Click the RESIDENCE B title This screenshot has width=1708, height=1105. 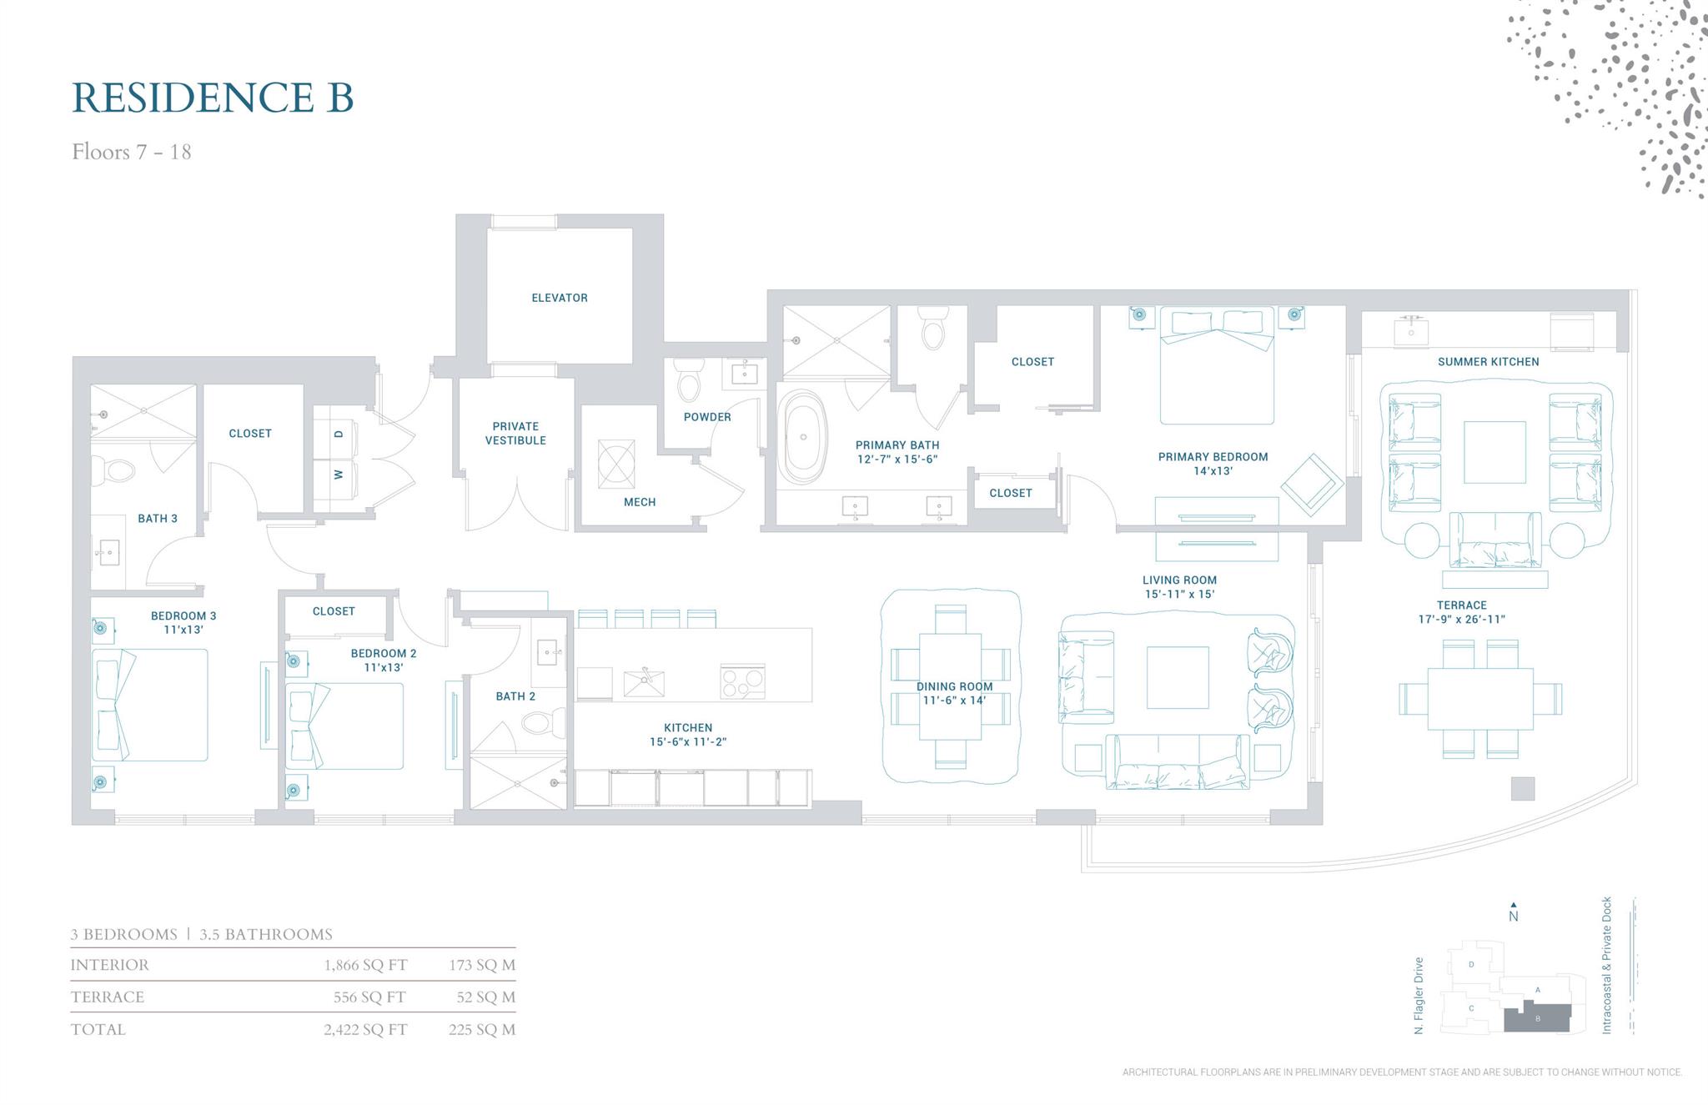coord(213,98)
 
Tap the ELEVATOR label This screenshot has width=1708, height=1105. coord(560,298)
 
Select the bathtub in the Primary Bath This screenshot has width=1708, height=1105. coord(803,437)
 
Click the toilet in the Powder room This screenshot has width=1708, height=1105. coord(689,382)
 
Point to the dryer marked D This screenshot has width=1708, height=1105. coord(338,434)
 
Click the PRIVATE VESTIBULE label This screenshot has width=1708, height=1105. coord(515,433)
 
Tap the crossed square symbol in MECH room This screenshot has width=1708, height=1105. coord(616,464)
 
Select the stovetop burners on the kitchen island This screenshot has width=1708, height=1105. coord(742,682)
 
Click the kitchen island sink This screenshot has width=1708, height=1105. coord(644,682)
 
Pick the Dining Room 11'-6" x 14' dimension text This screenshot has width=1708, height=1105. coord(954,700)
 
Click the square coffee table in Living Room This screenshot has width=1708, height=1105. coord(1177,677)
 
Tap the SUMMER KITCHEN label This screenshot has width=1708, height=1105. coord(1488,362)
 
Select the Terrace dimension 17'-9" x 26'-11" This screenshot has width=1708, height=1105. coord(1461,619)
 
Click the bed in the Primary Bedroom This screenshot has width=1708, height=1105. coord(1217,367)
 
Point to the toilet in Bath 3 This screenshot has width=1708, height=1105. coord(116,471)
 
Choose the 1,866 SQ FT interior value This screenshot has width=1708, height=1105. coord(365,965)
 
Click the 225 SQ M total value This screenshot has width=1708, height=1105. coord(481,1029)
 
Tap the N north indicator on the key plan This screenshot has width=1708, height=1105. coord(1513,915)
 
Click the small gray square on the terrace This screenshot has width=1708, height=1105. coord(1522,788)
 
